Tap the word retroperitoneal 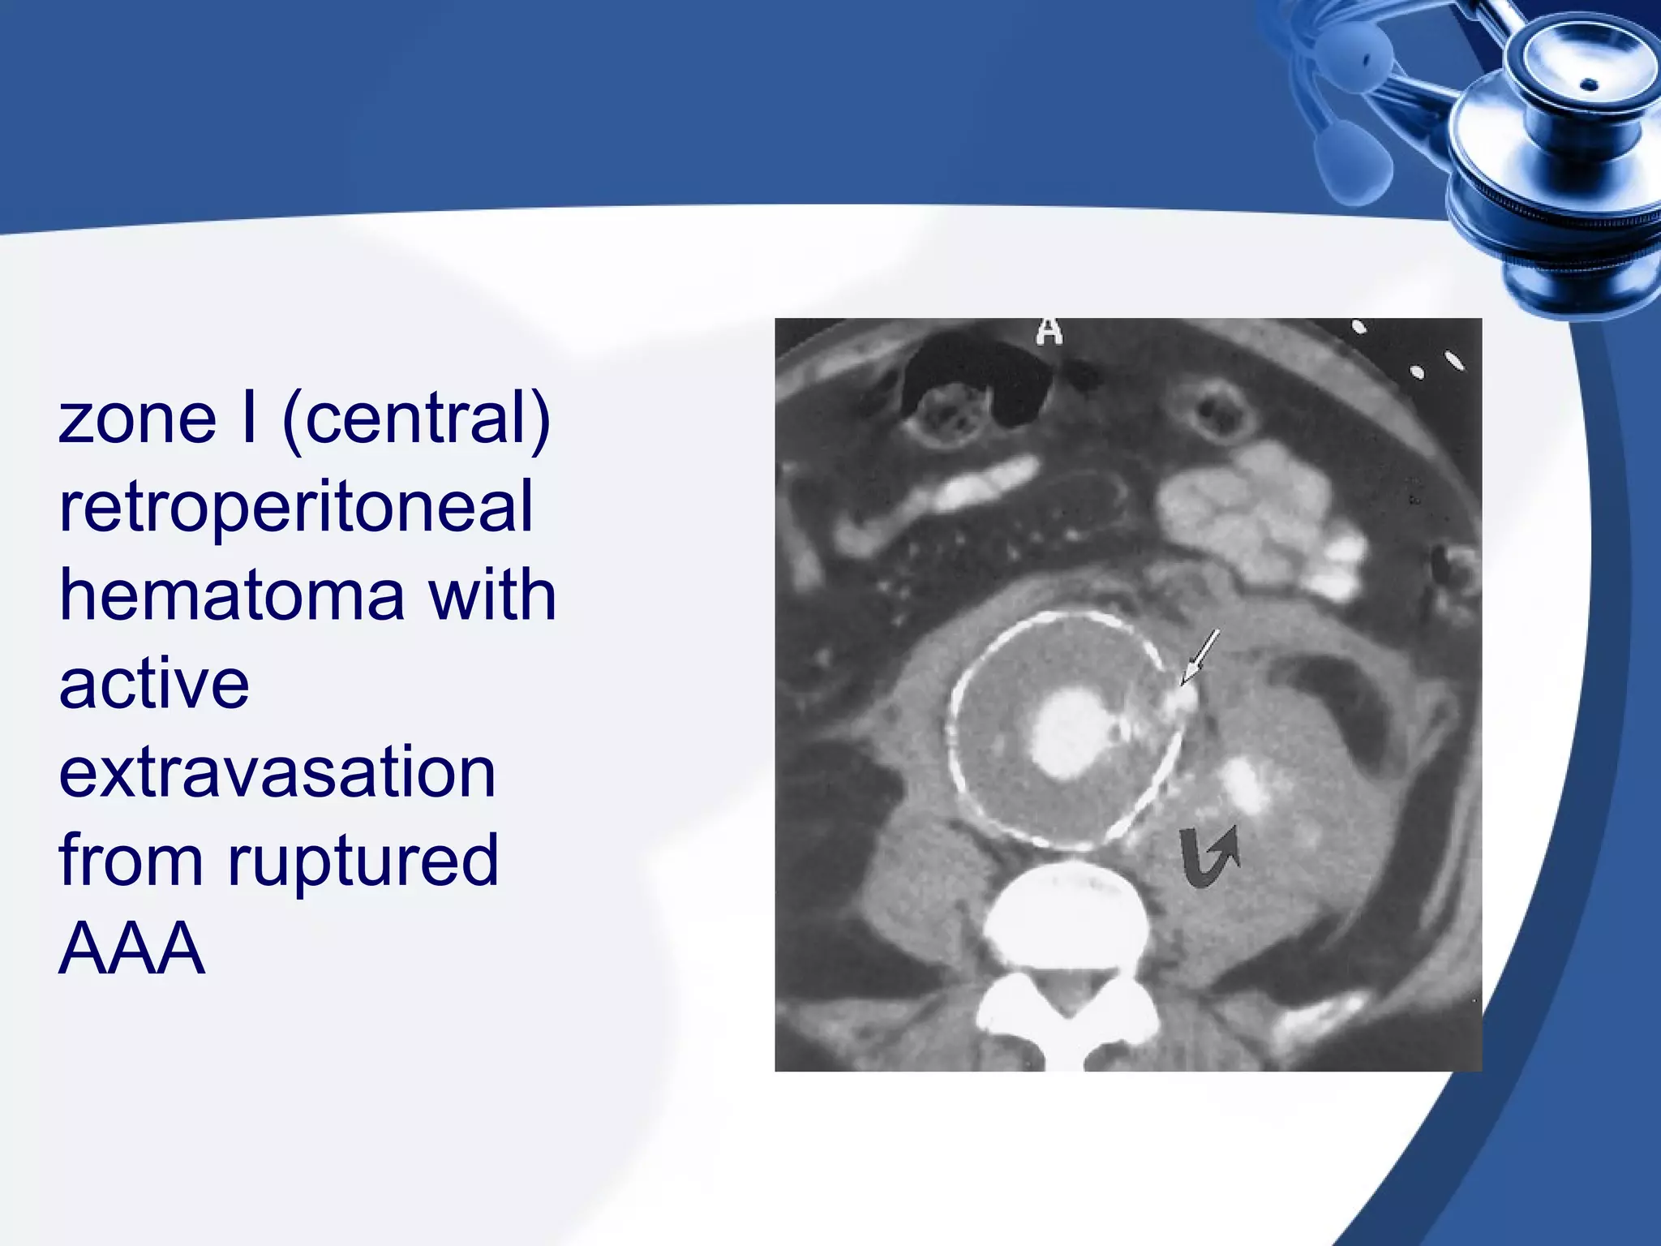click(x=296, y=508)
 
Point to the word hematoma click(x=232, y=595)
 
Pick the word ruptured click(x=363, y=861)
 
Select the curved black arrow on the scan click(x=1208, y=856)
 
